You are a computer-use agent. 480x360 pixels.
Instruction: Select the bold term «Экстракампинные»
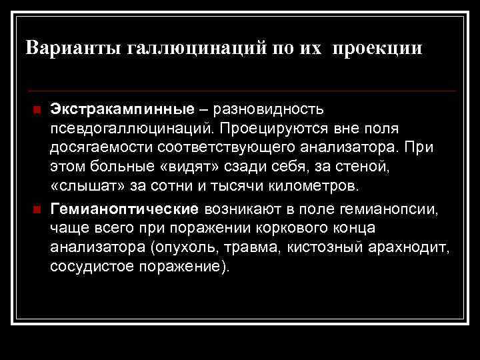click(x=122, y=107)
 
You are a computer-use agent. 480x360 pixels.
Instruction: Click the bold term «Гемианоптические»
click(x=124, y=209)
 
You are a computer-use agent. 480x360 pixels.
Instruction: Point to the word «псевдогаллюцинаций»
click(x=131, y=126)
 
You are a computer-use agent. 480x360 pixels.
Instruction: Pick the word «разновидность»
click(x=268, y=107)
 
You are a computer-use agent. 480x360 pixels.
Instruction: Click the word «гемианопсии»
click(x=398, y=209)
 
